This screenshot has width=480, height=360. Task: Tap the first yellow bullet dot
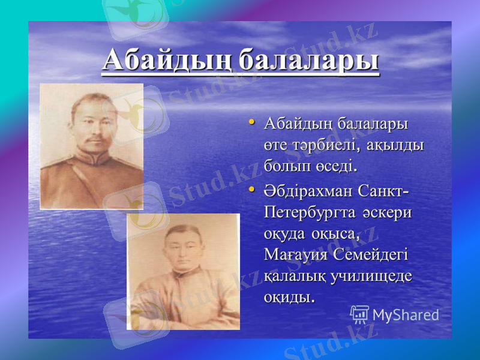253,123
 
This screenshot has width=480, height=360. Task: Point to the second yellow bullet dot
253,190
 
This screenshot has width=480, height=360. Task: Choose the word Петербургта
309,214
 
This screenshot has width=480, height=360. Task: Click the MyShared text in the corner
406,315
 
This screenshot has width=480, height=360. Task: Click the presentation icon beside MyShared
359,314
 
